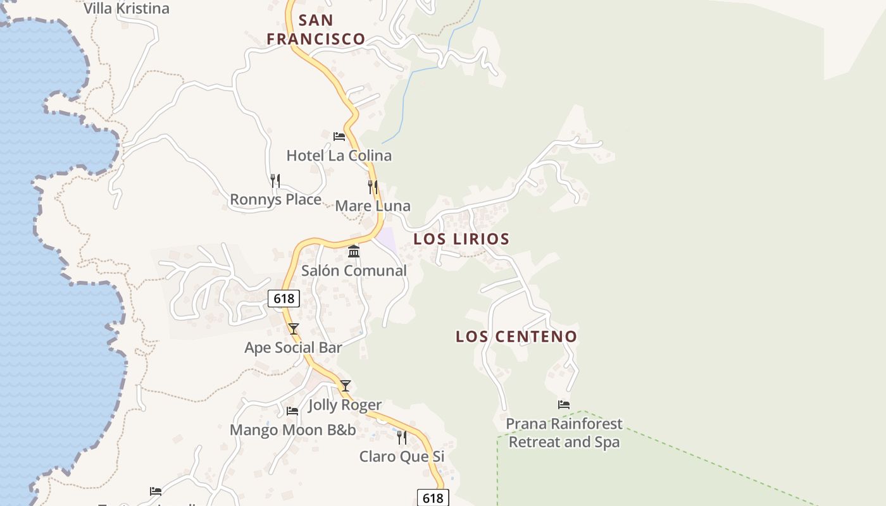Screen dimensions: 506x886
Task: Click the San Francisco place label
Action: (316, 30)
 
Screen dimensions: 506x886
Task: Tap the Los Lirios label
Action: (461, 239)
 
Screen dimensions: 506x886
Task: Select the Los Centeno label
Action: (516, 336)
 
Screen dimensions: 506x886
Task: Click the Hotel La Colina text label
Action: (339, 156)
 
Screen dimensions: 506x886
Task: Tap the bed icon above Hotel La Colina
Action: (339, 136)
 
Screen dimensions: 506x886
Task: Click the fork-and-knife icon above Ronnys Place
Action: (275, 181)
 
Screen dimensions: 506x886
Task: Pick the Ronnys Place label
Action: (275, 200)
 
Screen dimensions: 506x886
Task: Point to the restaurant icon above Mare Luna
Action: (373, 187)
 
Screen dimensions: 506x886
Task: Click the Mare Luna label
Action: (373, 206)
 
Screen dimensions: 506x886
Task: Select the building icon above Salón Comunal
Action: (354, 252)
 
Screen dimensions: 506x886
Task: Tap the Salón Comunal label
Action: (354, 271)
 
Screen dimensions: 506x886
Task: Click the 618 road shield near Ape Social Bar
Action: (284, 299)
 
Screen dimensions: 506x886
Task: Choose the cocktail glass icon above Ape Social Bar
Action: (293, 329)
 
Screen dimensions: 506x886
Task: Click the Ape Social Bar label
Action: (293, 348)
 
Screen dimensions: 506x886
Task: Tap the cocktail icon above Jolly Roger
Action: (345, 386)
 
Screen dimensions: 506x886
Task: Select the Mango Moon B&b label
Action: (292, 430)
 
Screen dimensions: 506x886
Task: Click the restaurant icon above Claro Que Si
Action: (402, 437)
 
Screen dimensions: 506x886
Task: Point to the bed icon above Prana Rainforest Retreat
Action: (564, 405)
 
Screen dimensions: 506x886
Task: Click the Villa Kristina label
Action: (127, 9)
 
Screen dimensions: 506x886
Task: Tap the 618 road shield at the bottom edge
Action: (433, 498)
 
